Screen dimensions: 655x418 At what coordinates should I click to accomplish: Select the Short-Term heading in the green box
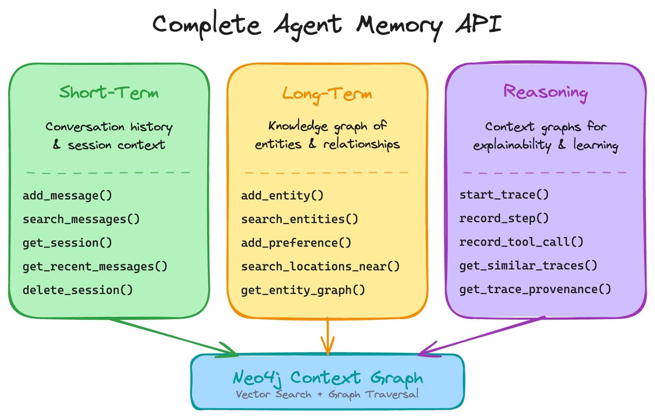tap(109, 92)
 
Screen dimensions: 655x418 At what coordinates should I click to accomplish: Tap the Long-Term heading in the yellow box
tap(327, 94)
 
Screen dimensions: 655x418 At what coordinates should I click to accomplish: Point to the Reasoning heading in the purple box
tap(545, 93)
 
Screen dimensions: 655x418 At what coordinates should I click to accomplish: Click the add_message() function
tap(67, 196)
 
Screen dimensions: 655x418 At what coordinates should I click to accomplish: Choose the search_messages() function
tap(81, 219)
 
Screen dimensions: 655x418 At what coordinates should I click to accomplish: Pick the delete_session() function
tap(78, 290)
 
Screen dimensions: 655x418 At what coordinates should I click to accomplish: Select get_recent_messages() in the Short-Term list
tap(95, 267)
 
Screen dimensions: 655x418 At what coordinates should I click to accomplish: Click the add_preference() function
tap(296, 243)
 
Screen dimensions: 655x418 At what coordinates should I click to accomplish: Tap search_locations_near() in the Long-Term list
tap(320, 267)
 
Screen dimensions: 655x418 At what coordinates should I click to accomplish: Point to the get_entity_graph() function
tap(303, 290)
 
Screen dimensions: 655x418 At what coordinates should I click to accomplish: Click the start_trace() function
tap(504, 195)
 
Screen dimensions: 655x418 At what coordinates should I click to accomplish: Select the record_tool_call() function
tap(521, 242)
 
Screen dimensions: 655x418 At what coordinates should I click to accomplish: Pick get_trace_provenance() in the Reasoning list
tap(535, 289)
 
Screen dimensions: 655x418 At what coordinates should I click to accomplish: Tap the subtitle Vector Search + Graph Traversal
tap(327, 394)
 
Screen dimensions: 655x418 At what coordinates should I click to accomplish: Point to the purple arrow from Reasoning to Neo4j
tap(481, 337)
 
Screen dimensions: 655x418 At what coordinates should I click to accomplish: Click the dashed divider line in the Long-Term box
tap(326, 173)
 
